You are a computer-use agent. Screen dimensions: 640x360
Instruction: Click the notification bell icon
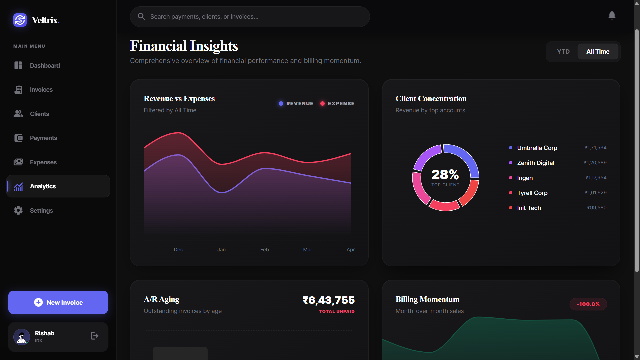[612, 16]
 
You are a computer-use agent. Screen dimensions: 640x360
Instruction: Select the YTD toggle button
[563, 52]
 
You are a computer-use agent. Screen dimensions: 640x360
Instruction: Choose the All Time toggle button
[598, 52]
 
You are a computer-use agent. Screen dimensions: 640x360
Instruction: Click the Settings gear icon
[18, 210]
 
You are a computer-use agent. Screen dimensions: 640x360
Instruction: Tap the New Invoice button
[58, 302]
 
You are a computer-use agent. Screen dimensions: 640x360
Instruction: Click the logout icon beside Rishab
[95, 336]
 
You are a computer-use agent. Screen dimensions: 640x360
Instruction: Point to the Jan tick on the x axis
[221, 250]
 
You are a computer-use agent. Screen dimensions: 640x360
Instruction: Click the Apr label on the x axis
[351, 250]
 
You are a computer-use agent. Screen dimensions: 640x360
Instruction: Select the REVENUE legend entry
[296, 104]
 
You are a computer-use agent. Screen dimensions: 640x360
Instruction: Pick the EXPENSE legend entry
[337, 104]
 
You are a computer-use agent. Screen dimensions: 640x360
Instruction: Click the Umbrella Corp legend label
[537, 148]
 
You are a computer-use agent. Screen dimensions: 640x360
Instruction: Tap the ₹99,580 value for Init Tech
[597, 208]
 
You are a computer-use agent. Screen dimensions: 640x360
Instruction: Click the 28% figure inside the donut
[445, 174]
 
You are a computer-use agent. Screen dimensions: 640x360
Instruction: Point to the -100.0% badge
[588, 304]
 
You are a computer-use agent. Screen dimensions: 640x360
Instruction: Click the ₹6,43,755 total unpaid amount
[329, 300]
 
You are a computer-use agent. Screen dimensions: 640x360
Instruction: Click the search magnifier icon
[141, 17]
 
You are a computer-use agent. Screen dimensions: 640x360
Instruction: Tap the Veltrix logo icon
[20, 20]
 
